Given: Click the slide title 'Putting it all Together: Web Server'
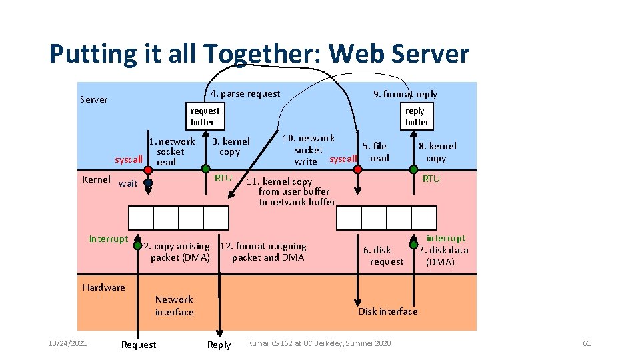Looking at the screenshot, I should (259, 54).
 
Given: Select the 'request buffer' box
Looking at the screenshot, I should (205, 117).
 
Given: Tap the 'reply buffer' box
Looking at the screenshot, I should (417, 117).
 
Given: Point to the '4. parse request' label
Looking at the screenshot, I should (245, 93).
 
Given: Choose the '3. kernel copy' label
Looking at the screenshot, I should (230, 147).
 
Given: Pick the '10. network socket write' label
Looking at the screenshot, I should (308, 150).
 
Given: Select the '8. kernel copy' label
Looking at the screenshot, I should (437, 152).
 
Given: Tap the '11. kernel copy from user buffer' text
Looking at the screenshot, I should (293, 191).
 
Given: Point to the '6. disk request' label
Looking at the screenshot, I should (383, 256).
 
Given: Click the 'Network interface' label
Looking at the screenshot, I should (174, 306).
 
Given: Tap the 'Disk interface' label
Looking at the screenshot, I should (388, 311).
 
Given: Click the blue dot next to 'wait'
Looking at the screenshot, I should (148, 183).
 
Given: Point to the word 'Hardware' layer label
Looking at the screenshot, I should (103, 287).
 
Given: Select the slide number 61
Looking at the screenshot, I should (587, 343).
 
